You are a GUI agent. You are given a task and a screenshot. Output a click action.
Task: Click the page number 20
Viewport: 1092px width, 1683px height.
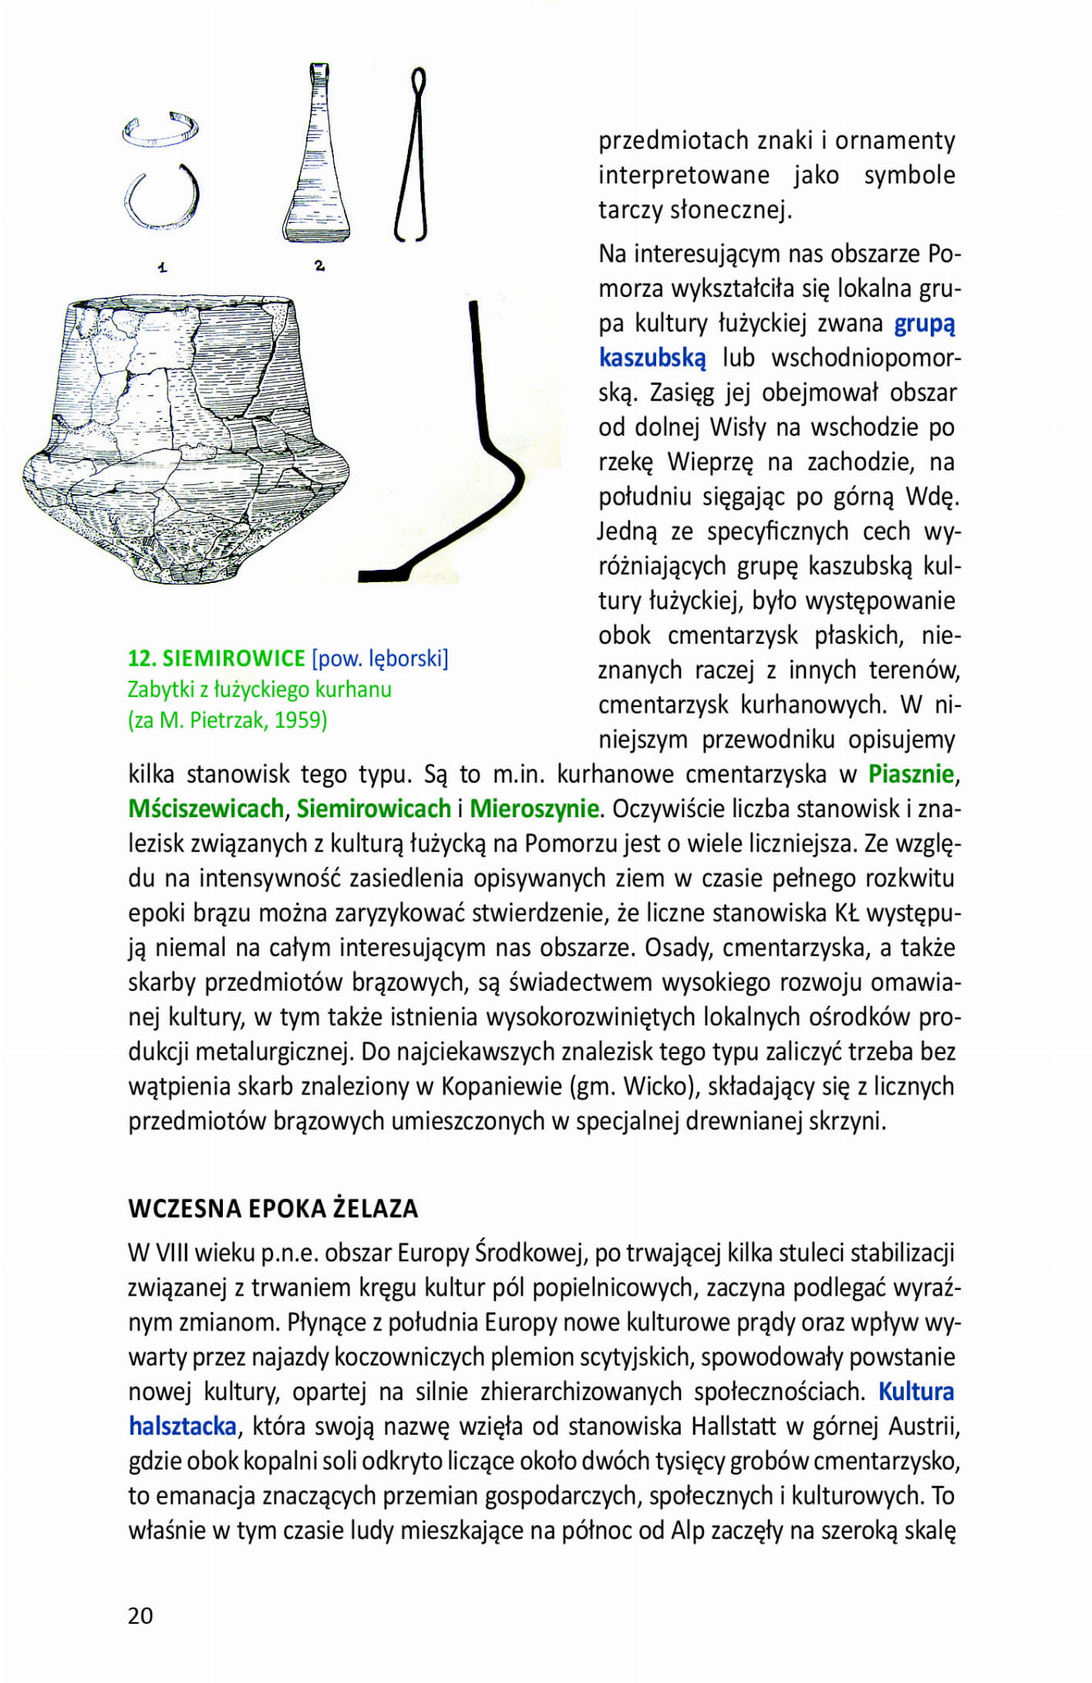click(x=141, y=1615)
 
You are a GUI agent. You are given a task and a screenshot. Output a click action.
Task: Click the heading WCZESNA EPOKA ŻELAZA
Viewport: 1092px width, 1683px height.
click(x=273, y=1208)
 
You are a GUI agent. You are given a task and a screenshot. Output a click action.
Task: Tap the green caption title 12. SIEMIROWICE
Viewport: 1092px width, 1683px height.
click(x=217, y=658)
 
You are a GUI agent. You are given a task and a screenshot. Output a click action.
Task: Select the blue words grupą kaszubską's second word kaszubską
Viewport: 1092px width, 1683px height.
click(x=652, y=358)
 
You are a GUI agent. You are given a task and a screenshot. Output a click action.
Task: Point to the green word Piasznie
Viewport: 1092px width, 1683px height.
click(x=911, y=774)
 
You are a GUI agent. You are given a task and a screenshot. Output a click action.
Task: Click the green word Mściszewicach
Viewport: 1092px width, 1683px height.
click(x=206, y=808)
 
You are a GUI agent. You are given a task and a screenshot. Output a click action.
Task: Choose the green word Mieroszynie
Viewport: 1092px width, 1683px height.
click(x=534, y=808)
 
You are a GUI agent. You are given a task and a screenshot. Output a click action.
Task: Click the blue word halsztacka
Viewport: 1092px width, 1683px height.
click(x=183, y=1426)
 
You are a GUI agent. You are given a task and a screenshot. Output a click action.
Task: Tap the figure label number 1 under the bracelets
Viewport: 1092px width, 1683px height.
click(x=162, y=266)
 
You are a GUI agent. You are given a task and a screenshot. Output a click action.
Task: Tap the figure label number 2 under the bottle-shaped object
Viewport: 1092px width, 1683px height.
click(x=319, y=265)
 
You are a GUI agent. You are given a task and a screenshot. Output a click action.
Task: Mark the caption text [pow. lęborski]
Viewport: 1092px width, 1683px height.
click(x=380, y=658)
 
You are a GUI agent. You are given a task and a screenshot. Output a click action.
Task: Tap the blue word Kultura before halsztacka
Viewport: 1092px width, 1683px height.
click(x=916, y=1391)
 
